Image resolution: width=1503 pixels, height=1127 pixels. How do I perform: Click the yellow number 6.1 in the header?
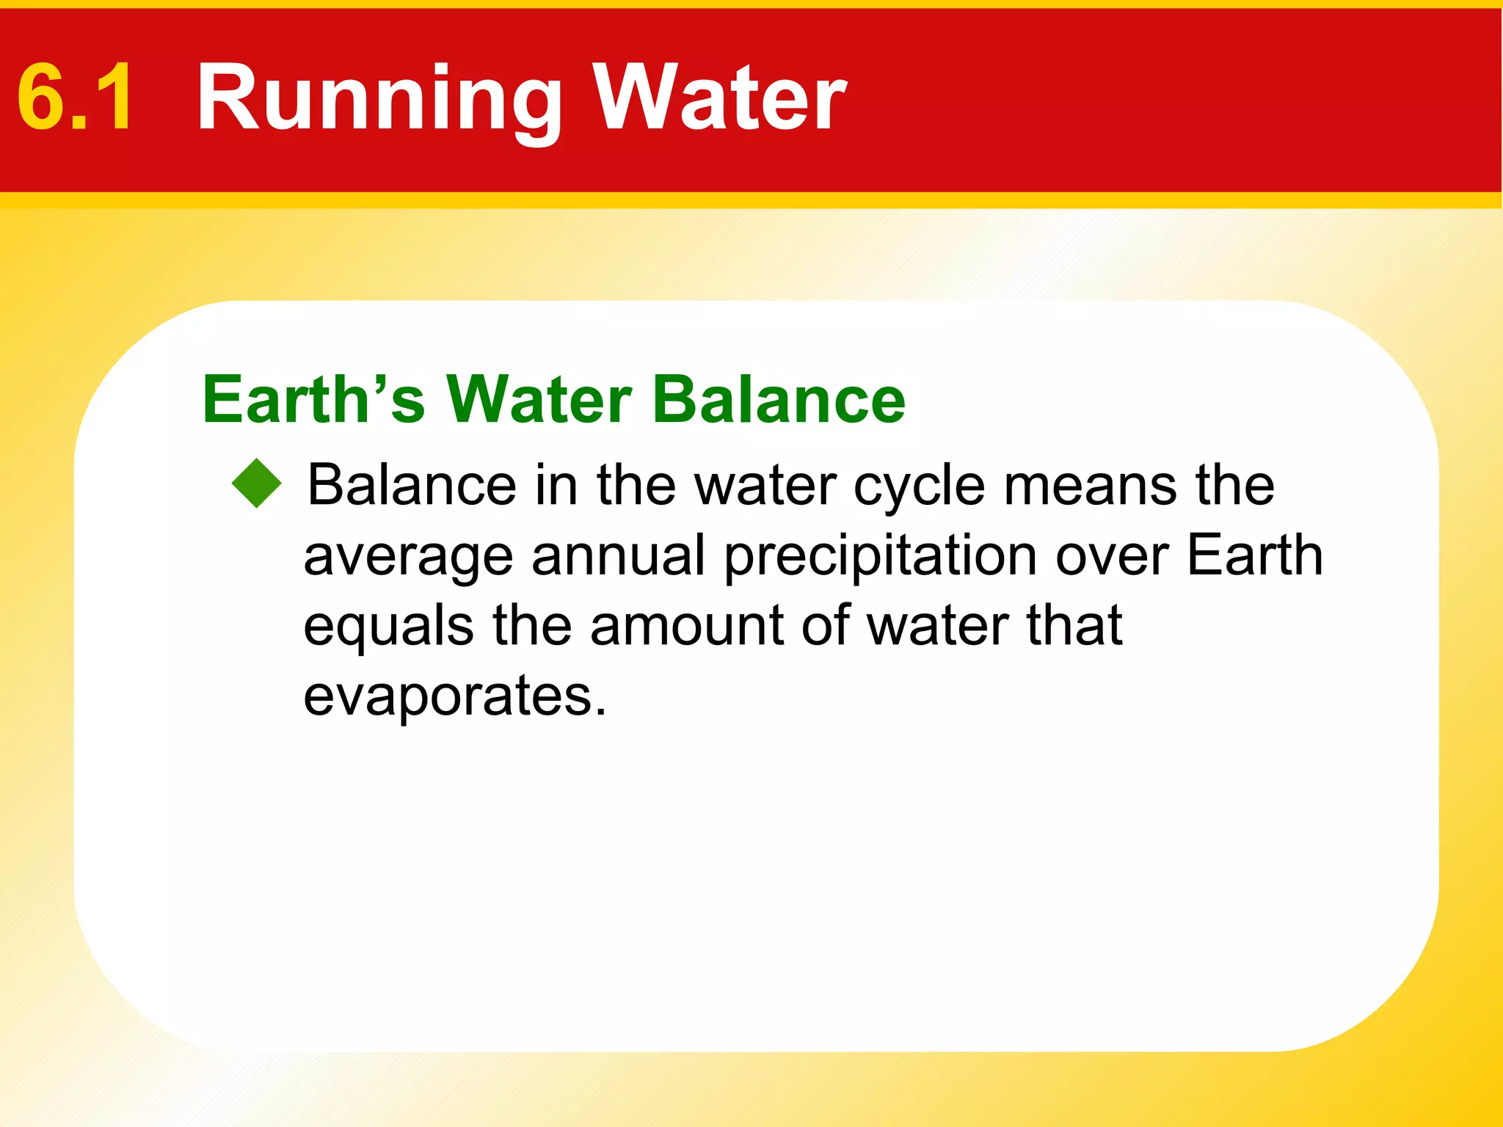(76, 97)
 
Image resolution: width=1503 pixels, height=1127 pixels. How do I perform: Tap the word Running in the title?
(379, 99)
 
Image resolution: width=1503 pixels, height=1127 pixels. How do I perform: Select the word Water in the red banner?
(719, 97)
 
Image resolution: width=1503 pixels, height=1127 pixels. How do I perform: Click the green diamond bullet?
(256, 484)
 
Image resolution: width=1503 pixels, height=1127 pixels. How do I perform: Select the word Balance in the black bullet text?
(412, 485)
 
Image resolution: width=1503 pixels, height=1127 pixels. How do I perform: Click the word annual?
(619, 555)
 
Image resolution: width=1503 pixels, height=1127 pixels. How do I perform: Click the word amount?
(685, 626)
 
